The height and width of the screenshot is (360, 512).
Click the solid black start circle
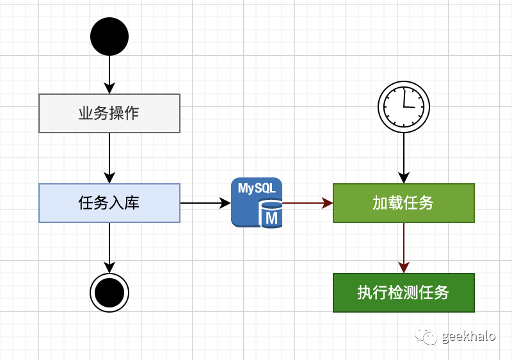[109, 37]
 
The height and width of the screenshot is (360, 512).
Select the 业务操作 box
[109, 113]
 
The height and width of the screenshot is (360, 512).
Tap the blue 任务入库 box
[109, 203]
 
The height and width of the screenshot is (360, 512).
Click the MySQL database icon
[257, 202]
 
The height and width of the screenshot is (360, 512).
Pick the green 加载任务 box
[403, 203]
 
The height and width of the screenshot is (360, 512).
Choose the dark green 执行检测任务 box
[403, 293]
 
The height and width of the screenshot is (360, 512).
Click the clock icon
[404, 106]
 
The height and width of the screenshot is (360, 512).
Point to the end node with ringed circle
[109, 293]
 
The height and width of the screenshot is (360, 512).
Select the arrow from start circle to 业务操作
[109, 74]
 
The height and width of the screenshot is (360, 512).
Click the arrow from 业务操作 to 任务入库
[109, 158]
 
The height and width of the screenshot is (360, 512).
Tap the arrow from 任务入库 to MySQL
[205, 203]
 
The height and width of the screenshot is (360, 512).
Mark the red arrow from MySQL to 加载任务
[307, 203]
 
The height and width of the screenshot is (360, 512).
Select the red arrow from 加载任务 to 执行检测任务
[404, 247]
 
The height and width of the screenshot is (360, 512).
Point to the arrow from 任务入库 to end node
[109, 247]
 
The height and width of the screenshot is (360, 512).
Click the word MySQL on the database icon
[257, 189]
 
